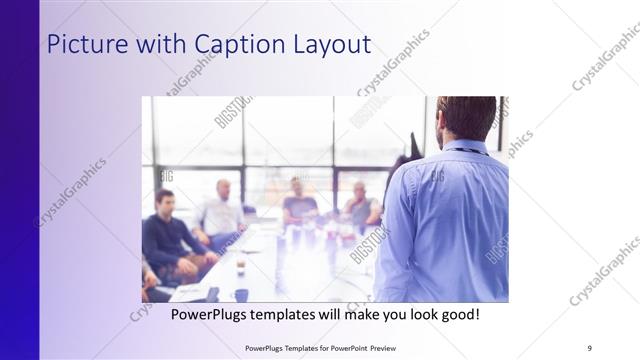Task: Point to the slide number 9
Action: click(x=590, y=347)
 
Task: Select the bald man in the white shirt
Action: click(x=222, y=210)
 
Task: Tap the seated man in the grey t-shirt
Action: click(x=300, y=203)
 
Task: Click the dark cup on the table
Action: click(x=241, y=295)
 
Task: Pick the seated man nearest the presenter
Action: click(x=362, y=208)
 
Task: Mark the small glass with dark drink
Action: click(x=240, y=264)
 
